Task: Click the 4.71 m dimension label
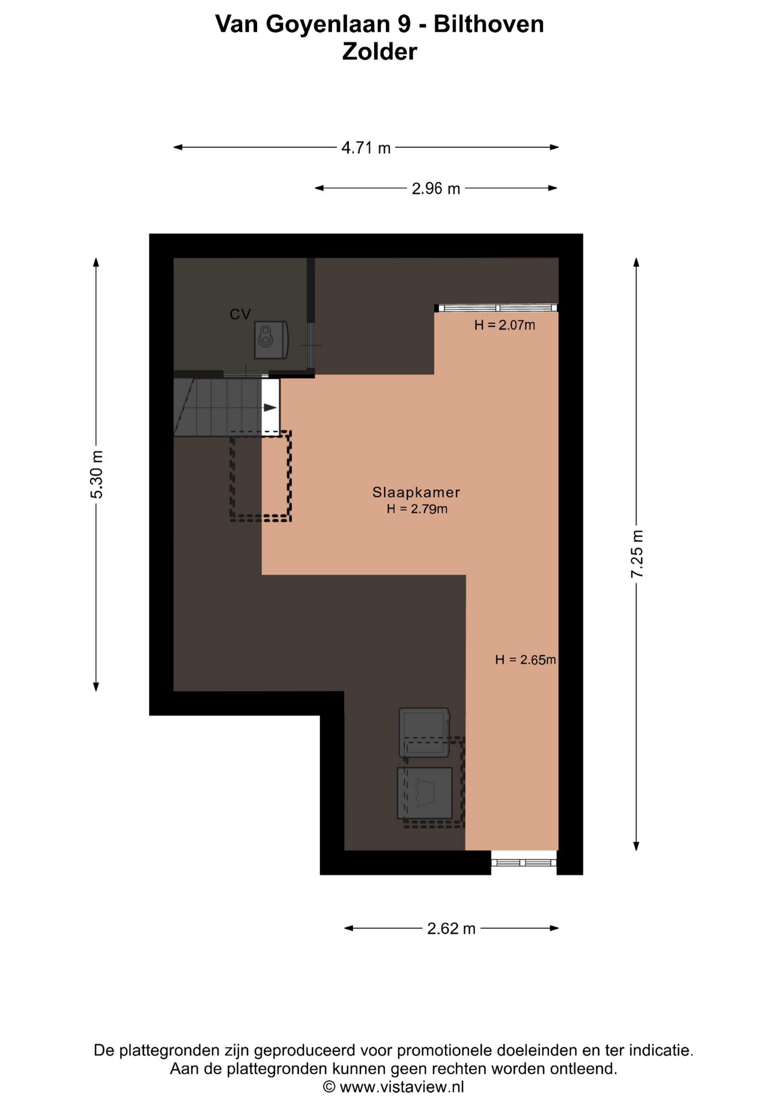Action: coord(366,148)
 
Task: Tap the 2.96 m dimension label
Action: coord(436,189)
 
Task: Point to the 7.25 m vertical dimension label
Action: coord(637,553)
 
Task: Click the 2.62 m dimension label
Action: coord(451,928)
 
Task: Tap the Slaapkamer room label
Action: coord(416,492)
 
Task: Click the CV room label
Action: coord(240,314)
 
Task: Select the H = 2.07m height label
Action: coord(505,325)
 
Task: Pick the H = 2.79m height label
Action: coord(417,509)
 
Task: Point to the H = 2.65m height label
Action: coord(525,660)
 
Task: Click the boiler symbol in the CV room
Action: coord(272,340)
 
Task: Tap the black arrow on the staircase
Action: coord(270,408)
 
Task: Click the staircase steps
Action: coord(218,407)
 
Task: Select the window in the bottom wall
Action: coord(524,863)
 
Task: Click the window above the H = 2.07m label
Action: coord(496,308)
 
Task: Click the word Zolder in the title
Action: coord(379,52)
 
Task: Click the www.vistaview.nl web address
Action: coord(401,1087)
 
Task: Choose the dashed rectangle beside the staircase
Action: coord(261,477)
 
